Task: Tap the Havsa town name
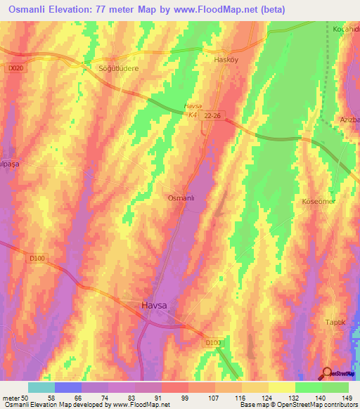click(154, 306)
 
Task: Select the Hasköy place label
click(226, 60)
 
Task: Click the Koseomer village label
click(318, 202)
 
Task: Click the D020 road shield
click(16, 68)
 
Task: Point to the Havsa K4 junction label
click(192, 110)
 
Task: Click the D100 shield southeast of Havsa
click(214, 342)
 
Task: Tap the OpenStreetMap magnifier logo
click(328, 373)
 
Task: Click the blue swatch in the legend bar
click(67, 387)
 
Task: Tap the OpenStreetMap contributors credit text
click(317, 404)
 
